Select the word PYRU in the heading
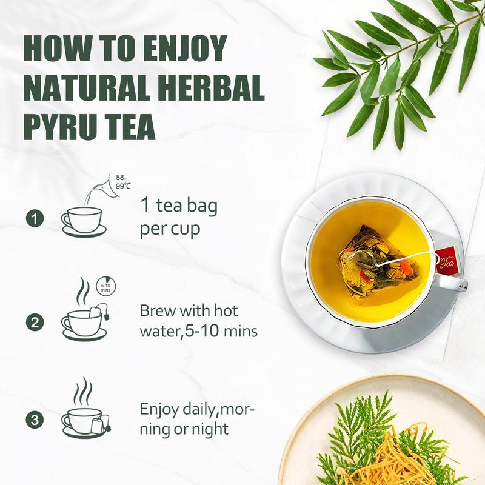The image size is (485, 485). coord(60,127)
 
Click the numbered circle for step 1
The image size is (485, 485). coord(35,219)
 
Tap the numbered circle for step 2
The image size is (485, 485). coord(35,323)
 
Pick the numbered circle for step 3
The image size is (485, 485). coord(35,420)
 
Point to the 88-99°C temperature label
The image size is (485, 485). coord(123,182)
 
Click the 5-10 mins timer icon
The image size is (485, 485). coord(105,285)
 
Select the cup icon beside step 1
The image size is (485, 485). coord(84,222)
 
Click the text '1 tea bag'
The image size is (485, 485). coord(179,206)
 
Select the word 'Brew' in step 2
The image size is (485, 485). coord(158,310)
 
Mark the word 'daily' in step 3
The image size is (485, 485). coord(199,410)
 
